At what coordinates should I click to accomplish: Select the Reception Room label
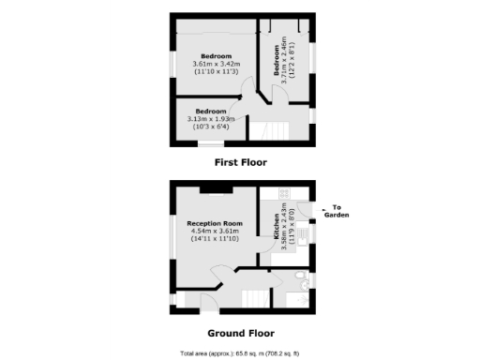[215, 223]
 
